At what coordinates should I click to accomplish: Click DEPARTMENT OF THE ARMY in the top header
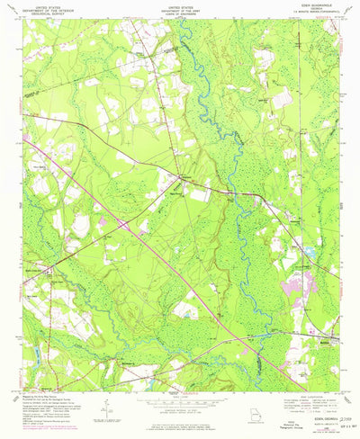tap(180, 8)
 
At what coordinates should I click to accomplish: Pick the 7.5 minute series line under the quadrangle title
tap(319, 12)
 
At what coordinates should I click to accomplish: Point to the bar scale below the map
tap(180, 388)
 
